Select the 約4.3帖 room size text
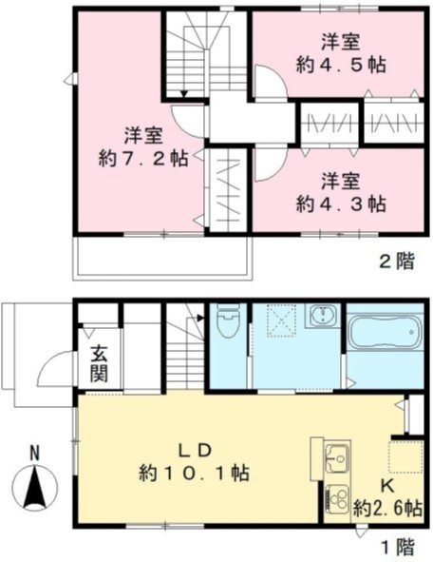(x=339, y=203)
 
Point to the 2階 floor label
(x=397, y=261)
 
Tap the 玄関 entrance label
(x=100, y=362)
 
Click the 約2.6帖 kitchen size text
(x=386, y=510)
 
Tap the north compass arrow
(x=34, y=489)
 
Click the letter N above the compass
(x=34, y=453)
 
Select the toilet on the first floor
(x=227, y=325)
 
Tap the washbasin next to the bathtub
(x=324, y=317)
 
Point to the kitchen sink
(x=335, y=459)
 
